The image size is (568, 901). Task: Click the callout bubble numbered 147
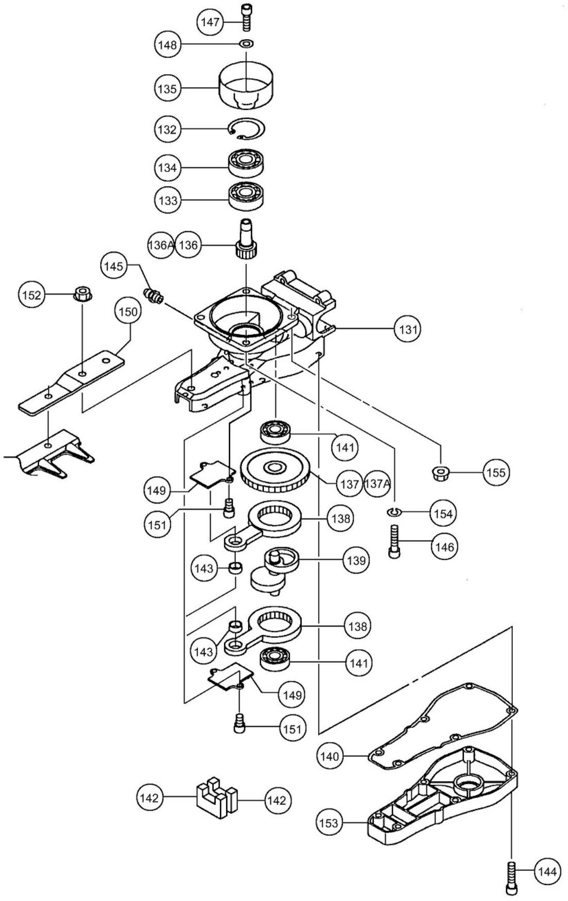click(210, 22)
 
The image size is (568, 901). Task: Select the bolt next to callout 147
click(246, 16)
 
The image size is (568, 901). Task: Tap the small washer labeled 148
click(247, 43)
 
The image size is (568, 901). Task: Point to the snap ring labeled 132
click(247, 129)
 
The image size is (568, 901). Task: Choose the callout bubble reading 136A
click(160, 245)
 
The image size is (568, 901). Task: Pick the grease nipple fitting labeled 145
click(154, 297)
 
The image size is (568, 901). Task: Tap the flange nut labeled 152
click(82, 294)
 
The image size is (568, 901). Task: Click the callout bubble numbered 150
click(128, 312)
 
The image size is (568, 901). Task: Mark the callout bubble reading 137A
click(377, 483)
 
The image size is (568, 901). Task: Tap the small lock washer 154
click(393, 512)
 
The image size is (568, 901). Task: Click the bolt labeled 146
click(394, 541)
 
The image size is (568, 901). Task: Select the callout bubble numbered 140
click(329, 756)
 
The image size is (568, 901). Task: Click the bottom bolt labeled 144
click(511, 874)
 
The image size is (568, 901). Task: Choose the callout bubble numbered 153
click(329, 822)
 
